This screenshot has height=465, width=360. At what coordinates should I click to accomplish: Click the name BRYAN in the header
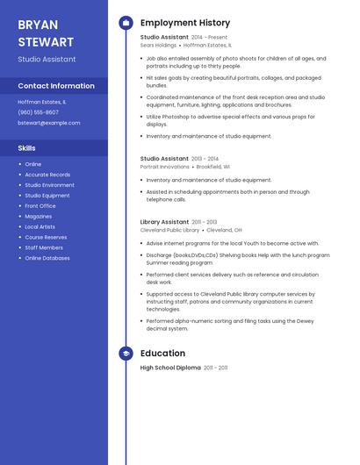point(38,25)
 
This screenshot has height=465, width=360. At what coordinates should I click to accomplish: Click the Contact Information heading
point(56,86)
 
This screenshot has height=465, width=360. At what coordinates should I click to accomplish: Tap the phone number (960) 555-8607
point(39,112)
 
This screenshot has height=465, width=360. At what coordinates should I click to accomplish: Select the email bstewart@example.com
point(49,123)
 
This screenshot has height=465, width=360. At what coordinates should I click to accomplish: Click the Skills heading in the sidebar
point(27,148)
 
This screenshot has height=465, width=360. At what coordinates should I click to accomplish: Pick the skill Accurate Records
point(47,175)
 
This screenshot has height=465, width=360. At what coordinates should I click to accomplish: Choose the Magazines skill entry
point(39,216)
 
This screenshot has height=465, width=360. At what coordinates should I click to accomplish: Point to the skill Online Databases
point(47,258)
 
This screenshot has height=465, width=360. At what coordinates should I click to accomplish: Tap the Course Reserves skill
point(46,237)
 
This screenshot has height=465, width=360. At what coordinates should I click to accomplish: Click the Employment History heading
point(185,23)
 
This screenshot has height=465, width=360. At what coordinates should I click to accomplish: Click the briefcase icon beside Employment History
point(126,23)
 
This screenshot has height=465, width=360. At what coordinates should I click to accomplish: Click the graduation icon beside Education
point(126,354)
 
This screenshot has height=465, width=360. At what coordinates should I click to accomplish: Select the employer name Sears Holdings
point(158,45)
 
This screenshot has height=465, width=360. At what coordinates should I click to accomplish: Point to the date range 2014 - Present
point(209,38)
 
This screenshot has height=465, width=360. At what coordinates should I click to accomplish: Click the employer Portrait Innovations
point(164,167)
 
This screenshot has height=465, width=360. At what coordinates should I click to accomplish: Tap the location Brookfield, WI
point(213,167)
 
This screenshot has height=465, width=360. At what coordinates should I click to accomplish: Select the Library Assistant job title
point(164,222)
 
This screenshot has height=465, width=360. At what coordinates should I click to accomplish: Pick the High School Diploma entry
point(170,368)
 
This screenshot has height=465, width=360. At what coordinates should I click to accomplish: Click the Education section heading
point(162,354)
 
